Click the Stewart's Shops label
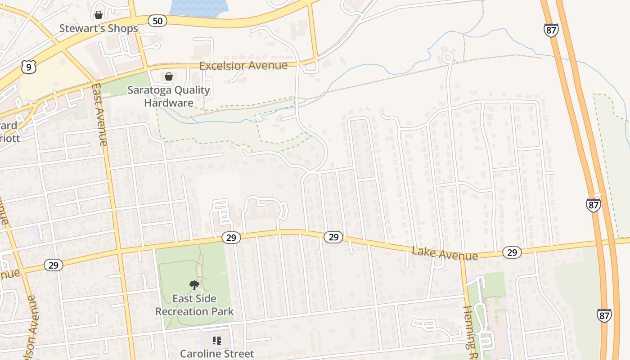click(99, 28)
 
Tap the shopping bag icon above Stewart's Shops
click(99, 15)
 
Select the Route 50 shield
click(158, 20)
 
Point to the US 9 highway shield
click(29, 67)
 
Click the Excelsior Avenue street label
click(243, 66)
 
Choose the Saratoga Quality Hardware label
click(169, 96)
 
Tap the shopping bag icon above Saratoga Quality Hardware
click(169, 76)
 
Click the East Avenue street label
click(99, 114)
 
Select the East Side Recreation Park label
click(194, 305)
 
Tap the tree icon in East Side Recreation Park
click(194, 285)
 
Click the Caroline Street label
click(217, 354)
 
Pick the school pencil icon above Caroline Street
click(217, 341)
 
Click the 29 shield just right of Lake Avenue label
click(512, 252)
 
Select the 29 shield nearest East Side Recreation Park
click(231, 238)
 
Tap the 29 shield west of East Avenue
click(54, 265)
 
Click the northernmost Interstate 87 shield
click(551, 30)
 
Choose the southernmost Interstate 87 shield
click(604, 315)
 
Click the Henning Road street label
click(470, 328)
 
